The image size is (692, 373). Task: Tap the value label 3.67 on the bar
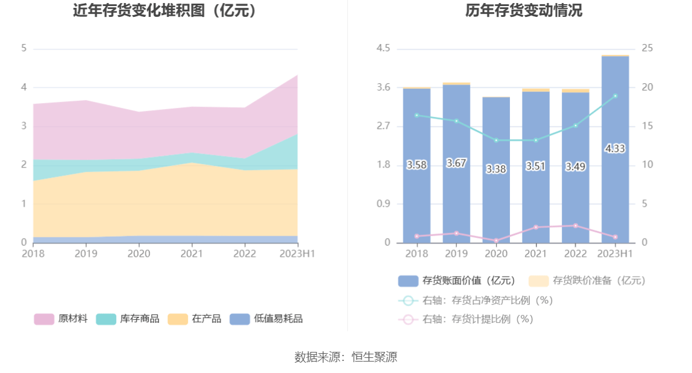click(456, 163)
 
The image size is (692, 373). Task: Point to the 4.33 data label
click(615, 149)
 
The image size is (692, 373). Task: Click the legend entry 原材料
click(61, 319)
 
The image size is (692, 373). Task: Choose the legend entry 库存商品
click(128, 319)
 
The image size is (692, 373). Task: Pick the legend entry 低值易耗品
click(266, 319)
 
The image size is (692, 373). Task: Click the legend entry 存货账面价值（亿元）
click(457, 281)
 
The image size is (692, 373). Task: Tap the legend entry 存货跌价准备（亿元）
click(587, 281)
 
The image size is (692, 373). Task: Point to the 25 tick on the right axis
click(647, 48)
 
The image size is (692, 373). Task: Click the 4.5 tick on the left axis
click(383, 48)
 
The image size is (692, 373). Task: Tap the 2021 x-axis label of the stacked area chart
click(192, 254)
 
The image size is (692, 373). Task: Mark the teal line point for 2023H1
click(615, 96)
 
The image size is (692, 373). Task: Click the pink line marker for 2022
click(575, 226)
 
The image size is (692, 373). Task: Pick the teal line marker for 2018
click(417, 115)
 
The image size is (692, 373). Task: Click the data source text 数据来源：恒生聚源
click(345, 357)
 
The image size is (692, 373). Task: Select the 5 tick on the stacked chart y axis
click(24, 48)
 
